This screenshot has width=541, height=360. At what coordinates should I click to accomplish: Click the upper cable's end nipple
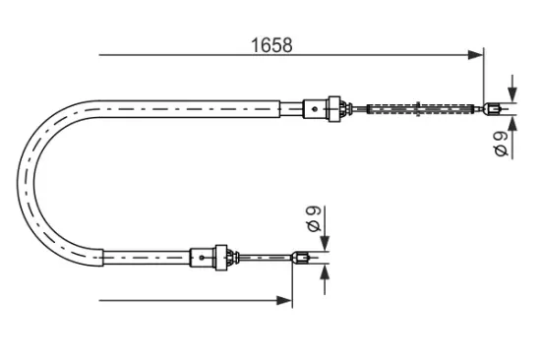492,107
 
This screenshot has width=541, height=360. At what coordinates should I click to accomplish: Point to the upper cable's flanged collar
337,106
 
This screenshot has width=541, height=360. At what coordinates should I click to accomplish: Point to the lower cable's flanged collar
227,258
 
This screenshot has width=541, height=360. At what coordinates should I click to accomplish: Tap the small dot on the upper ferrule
315,106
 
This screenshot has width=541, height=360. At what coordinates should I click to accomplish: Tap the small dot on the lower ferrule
203,259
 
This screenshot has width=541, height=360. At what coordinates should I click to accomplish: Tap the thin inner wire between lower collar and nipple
266,259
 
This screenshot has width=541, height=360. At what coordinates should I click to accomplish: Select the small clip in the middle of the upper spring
420,106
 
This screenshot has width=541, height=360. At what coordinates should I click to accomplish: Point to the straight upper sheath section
197,106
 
